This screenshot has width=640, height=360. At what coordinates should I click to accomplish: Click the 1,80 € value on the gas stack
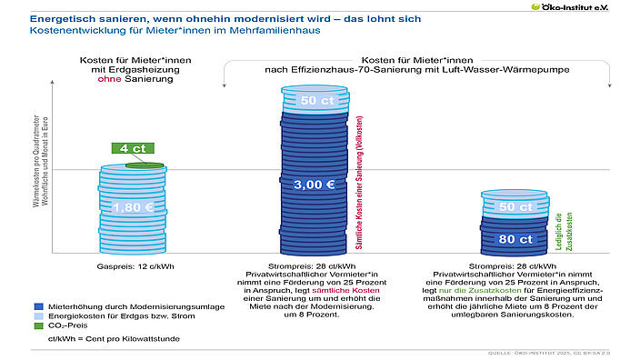tap(131, 207)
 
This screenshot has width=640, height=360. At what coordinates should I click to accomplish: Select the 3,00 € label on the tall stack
tap(317, 184)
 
